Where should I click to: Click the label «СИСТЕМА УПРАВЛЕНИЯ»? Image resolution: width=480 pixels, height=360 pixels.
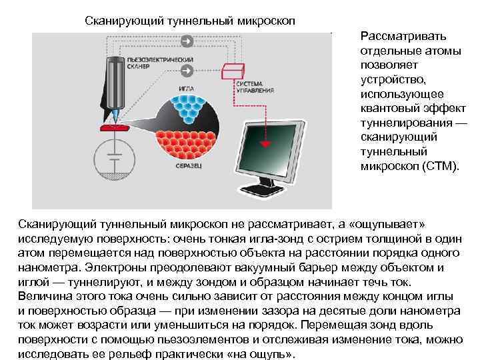249,87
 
